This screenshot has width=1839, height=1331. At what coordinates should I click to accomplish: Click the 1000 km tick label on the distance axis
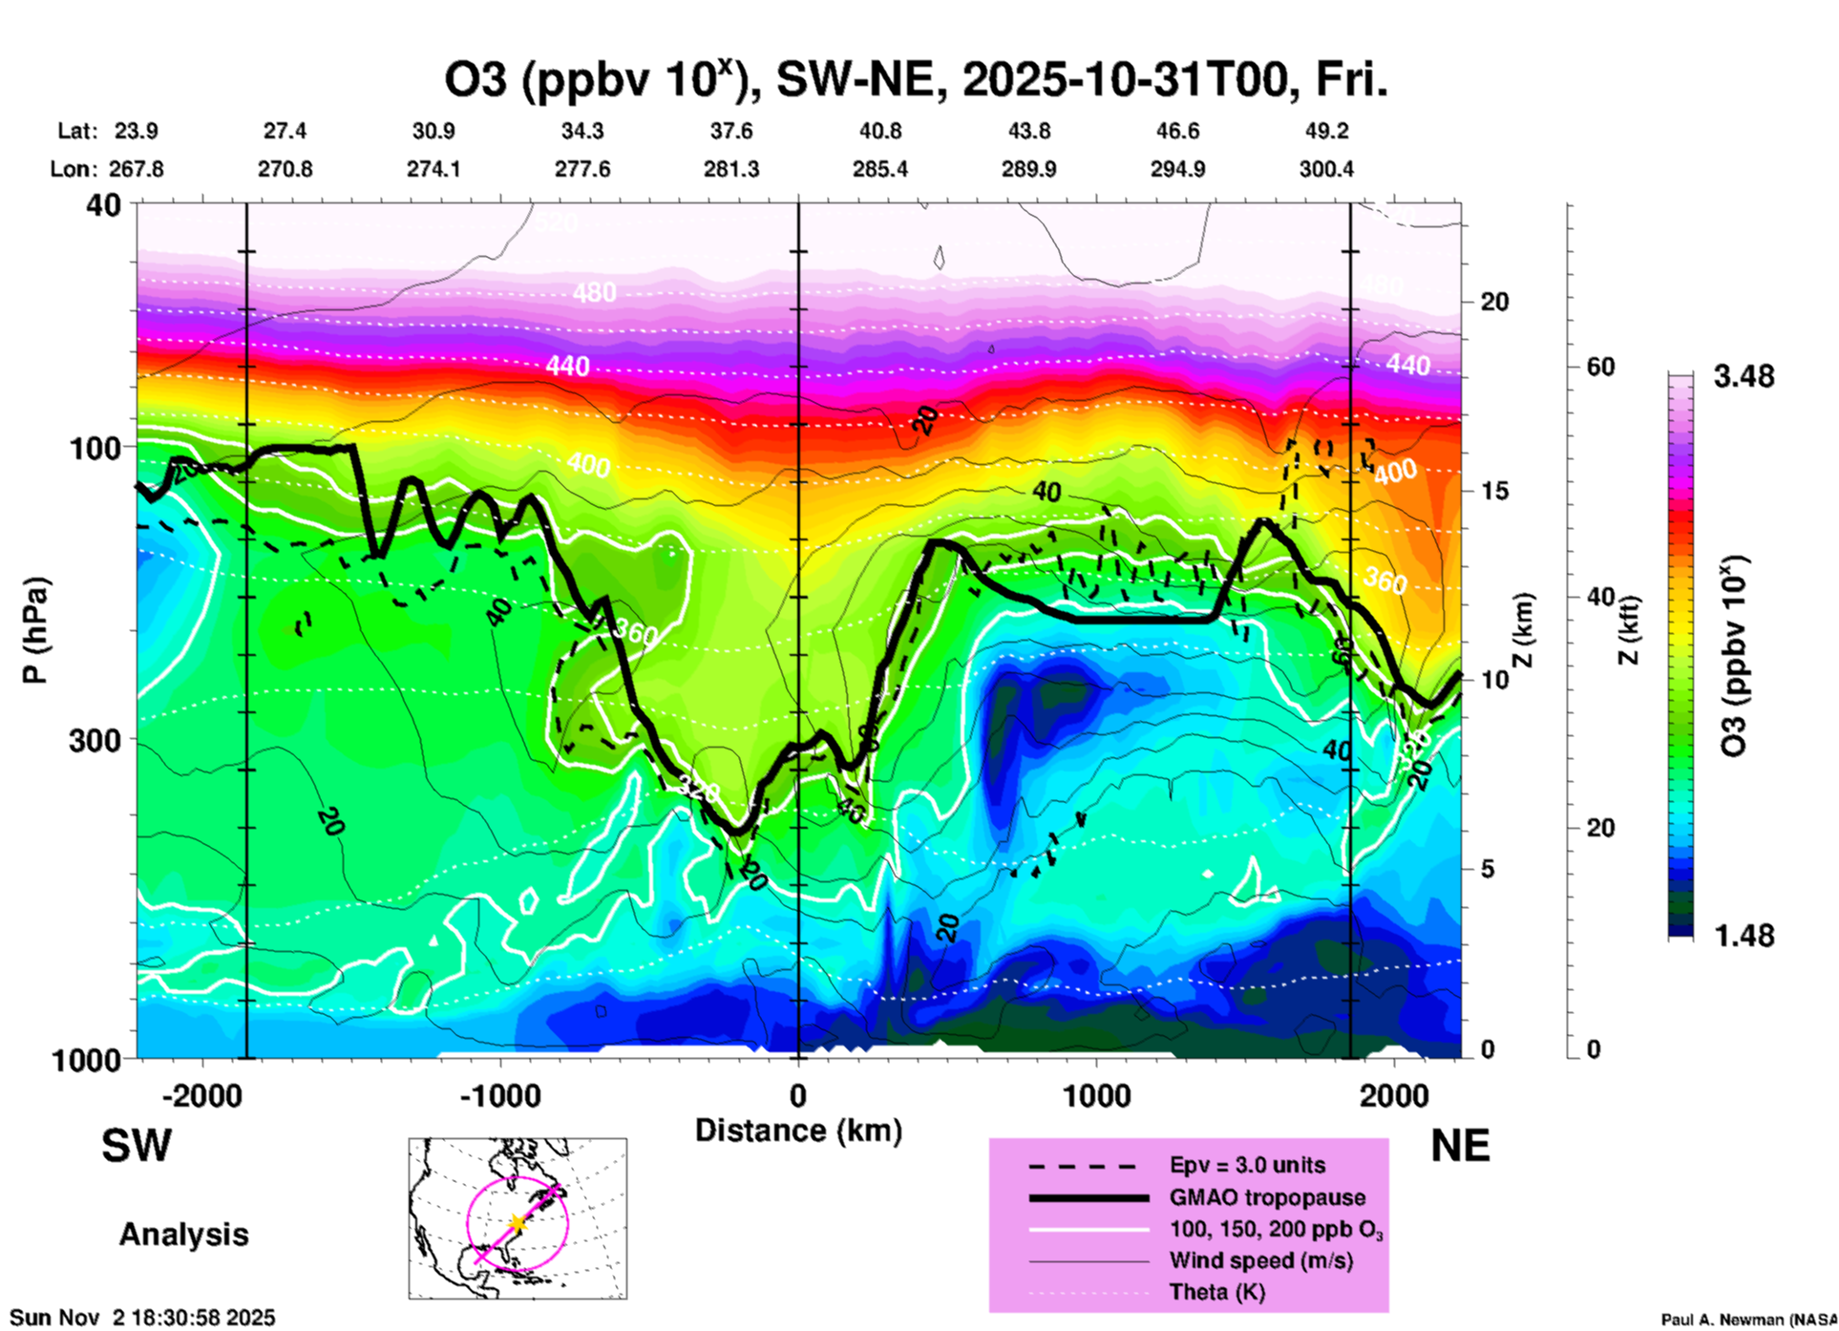coord(1096,1095)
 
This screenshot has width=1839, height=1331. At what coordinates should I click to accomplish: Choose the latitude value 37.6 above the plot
coord(731,131)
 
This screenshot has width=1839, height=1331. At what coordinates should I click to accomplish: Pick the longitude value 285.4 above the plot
coord(879,169)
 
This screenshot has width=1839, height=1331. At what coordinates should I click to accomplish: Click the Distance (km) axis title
coord(798,1130)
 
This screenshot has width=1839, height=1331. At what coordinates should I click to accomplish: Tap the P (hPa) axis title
coord(35,630)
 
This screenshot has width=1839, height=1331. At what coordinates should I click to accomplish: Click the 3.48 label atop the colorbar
coord(1744,376)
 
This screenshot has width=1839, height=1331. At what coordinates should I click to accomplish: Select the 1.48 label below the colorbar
coord(1744,936)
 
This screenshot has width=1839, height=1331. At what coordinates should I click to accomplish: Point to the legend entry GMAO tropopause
coord(1267,1197)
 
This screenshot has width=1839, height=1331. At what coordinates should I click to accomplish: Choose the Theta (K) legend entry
coord(1216,1292)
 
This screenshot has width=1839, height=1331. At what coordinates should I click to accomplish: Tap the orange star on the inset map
coord(518,1222)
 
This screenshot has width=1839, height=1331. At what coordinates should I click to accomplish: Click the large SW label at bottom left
coord(137,1146)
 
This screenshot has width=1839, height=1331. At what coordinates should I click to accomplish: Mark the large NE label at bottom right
coord(1460,1146)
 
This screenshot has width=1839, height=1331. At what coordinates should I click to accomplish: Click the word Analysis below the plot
coord(183,1235)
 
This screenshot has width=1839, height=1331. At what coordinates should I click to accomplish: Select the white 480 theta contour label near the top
coord(594,292)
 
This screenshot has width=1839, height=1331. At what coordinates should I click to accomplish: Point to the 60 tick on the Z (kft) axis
coord(1600,367)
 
